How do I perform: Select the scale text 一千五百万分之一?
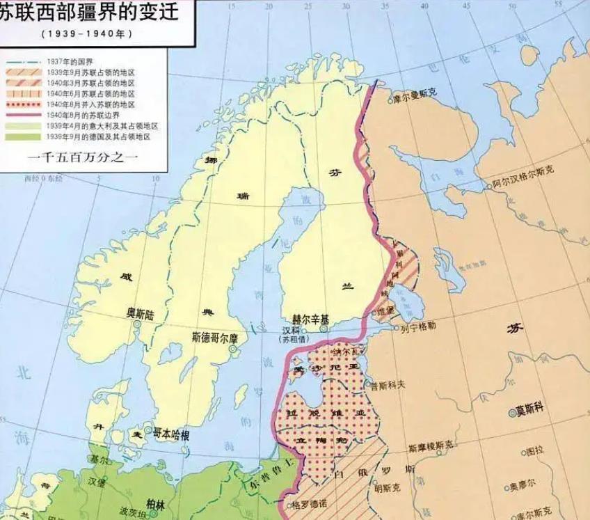click(x=84, y=158)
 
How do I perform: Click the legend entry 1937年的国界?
click(x=65, y=61)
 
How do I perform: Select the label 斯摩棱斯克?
click(x=431, y=446)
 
